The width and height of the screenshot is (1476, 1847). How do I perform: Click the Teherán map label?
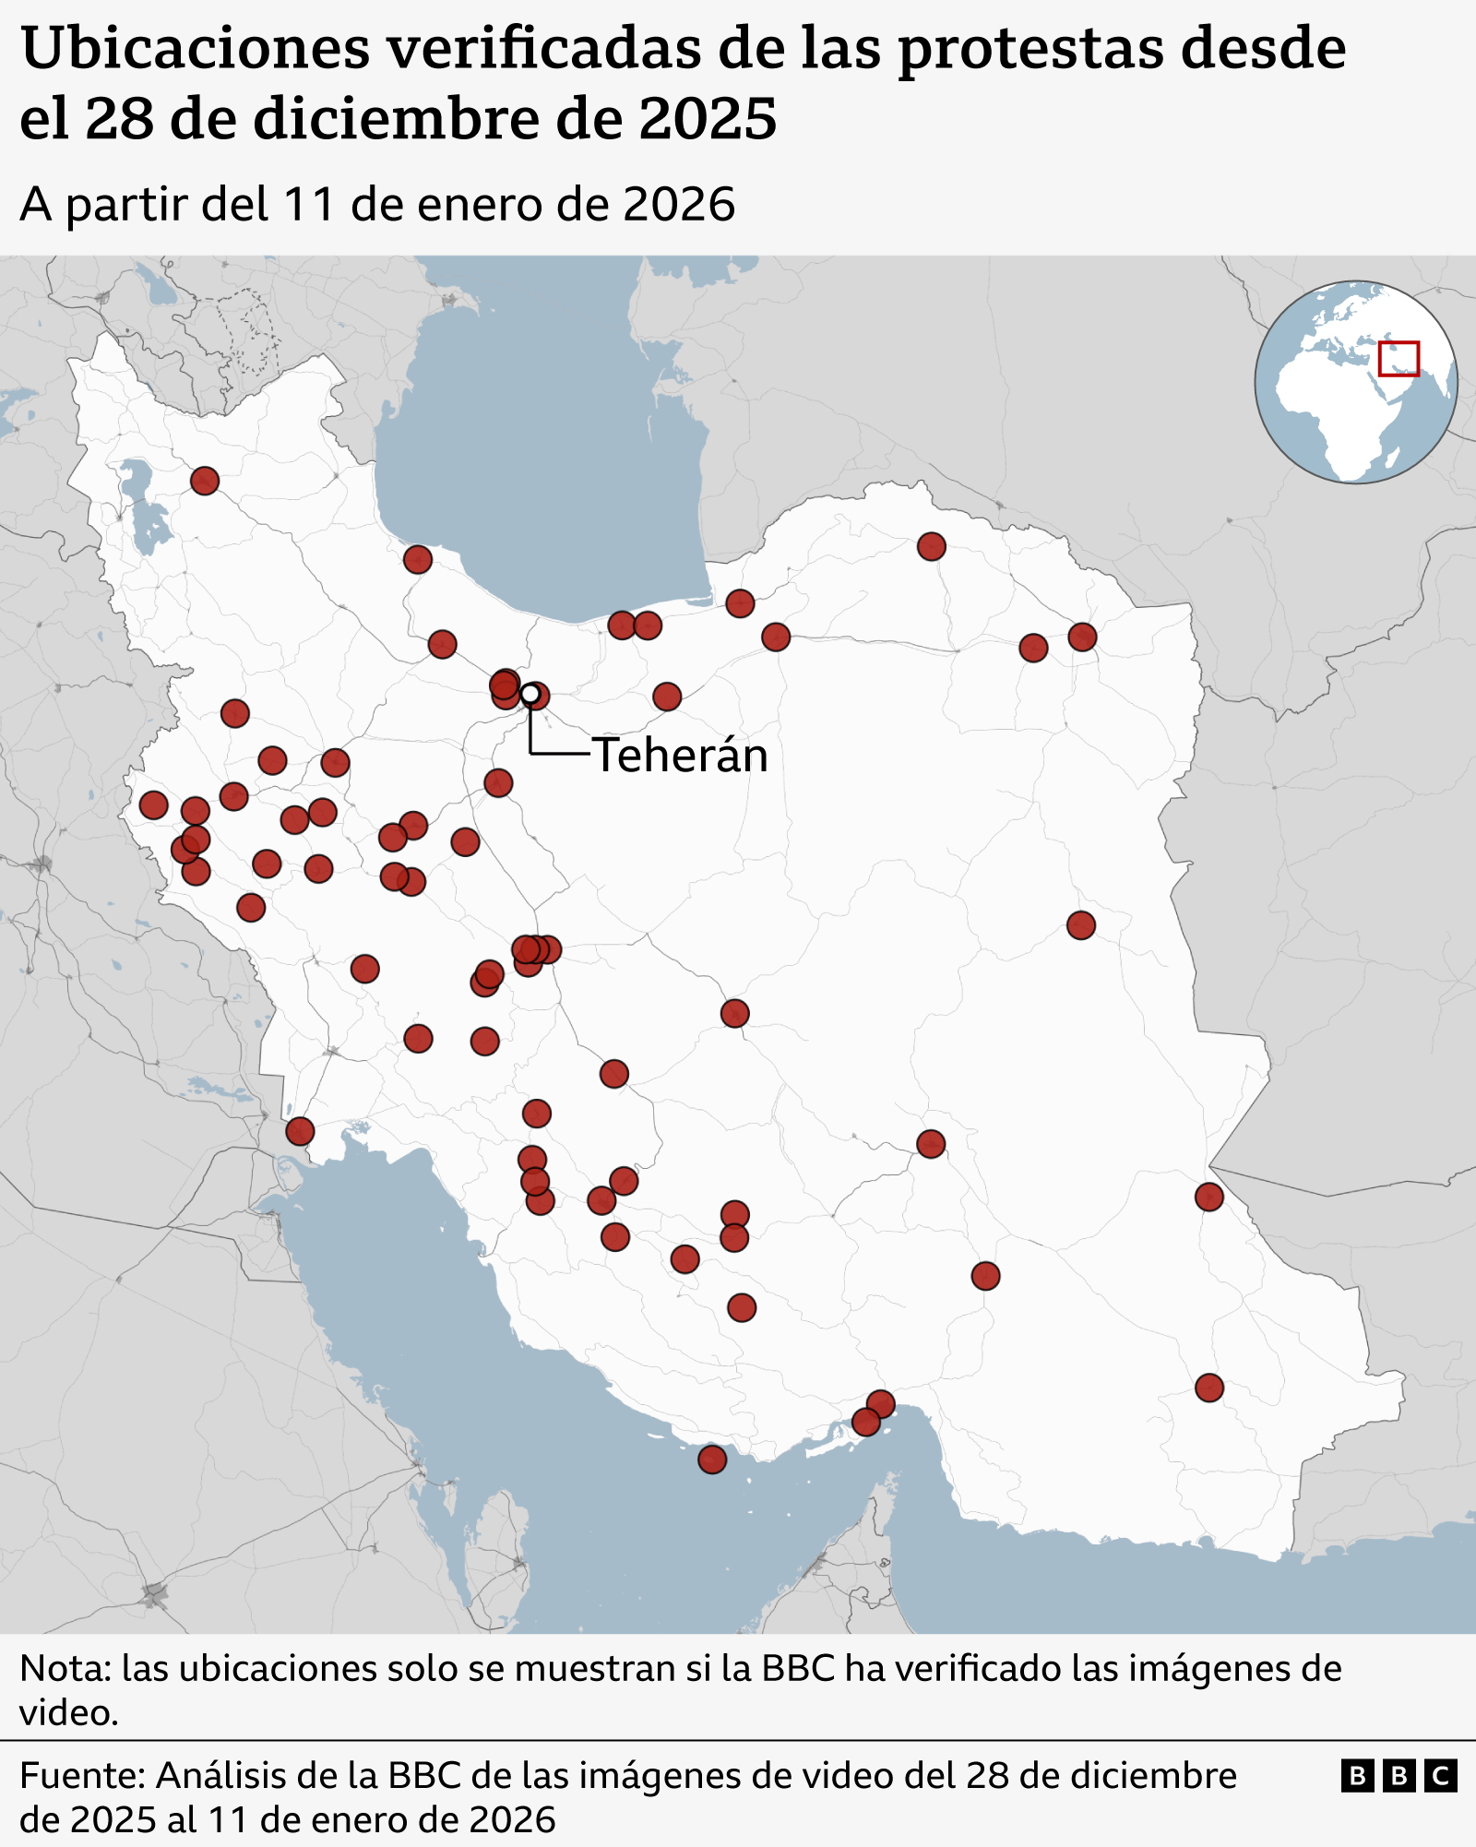pyautogui.click(x=680, y=756)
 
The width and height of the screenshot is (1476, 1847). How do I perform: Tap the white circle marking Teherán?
pyautogui.click(x=530, y=693)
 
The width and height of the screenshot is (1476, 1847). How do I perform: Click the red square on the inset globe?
pyautogui.click(x=1399, y=359)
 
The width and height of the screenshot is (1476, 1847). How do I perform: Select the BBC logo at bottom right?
pyautogui.click(x=1399, y=1775)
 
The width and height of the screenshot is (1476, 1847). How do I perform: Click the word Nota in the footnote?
pyautogui.click(x=60, y=1668)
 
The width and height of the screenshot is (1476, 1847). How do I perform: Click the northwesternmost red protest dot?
pyautogui.click(x=205, y=481)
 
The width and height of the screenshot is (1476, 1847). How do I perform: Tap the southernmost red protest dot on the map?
pyautogui.click(x=712, y=1460)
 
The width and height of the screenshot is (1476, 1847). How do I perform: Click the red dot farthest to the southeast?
pyautogui.click(x=1209, y=1388)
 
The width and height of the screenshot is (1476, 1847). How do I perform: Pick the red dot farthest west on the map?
pyautogui.click(x=153, y=804)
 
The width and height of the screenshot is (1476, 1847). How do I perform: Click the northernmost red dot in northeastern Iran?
pyautogui.click(x=932, y=547)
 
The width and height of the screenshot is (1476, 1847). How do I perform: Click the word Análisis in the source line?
pyautogui.click(x=215, y=1775)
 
